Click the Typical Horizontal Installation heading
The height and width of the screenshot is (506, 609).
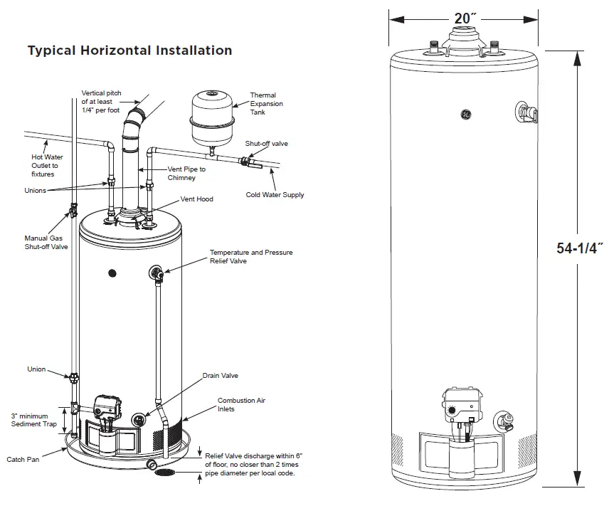[129, 51]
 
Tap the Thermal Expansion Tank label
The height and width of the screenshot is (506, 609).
[266, 104]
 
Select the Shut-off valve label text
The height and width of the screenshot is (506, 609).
[266, 144]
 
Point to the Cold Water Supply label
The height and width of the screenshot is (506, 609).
[275, 194]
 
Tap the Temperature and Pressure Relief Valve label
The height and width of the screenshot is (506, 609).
[250, 257]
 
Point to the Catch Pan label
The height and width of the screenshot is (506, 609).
[23, 460]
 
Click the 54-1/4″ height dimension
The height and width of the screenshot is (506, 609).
[580, 248]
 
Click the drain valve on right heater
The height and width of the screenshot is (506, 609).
[504, 420]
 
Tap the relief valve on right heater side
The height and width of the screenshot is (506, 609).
[524, 112]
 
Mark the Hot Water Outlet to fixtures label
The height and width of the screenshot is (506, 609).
[45, 165]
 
